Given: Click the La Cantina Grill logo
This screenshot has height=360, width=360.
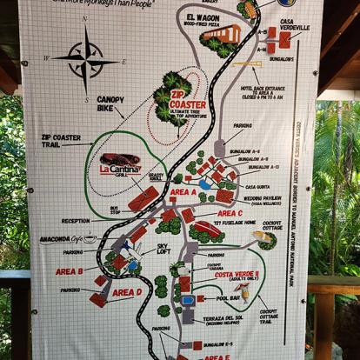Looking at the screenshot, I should pos(119,163).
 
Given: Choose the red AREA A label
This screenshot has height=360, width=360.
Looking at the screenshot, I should pos(183,191).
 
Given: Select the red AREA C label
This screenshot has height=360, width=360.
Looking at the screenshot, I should pos(230,213).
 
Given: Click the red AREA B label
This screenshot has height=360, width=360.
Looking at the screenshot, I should pos(70,271).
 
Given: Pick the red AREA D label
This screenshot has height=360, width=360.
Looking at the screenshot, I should pos(126,293).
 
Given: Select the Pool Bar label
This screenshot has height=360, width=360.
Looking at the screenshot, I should pos(229,298).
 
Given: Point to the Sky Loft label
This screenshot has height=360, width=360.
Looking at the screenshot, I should pos(163,249).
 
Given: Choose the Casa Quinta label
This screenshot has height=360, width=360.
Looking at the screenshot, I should pos(258,187).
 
